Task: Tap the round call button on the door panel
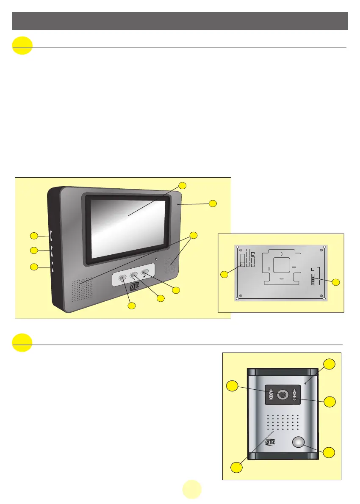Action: pos(299,443)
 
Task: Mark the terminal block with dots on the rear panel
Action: pos(313,280)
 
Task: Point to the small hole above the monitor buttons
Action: pos(156,259)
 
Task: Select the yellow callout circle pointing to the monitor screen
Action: pos(182,185)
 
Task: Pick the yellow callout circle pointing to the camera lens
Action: pos(232,386)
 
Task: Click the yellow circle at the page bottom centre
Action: pos(192,490)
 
